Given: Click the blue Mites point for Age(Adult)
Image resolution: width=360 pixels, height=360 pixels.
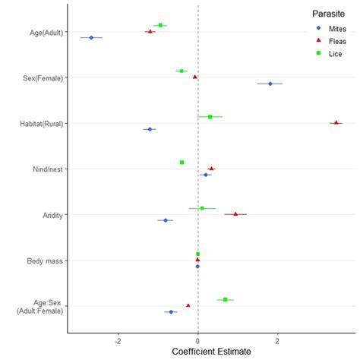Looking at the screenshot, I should pyautogui.click(x=91, y=37).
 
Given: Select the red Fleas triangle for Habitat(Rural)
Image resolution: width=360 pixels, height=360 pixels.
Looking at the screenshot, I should pyautogui.click(x=336, y=122).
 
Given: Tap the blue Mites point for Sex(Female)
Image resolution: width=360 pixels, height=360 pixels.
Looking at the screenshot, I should pyautogui.click(x=270, y=84).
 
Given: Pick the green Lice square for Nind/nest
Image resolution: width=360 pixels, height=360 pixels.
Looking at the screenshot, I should pyautogui.click(x=182, y=162).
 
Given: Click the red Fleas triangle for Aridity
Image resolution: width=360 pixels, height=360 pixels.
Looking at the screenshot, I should pyautogui.click(x=235, y=214).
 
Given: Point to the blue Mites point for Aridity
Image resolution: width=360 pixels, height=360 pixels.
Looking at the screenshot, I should pyautogui.click(x=166, y=220).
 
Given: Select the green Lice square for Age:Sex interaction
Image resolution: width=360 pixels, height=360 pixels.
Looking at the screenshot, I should pyautogui.click(x=225, y=299).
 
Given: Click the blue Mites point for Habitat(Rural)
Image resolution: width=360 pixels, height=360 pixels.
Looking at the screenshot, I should pyautogui.click(x=150, y=129).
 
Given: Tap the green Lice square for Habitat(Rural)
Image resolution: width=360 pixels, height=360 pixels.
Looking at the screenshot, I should pyautogui.click(x=210, y=116).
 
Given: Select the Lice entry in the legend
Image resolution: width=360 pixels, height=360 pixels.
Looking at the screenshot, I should pyautogui.click(x=327, y=55).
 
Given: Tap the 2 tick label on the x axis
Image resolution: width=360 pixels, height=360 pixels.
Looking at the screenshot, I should pyautogui.click(x=278, y=341).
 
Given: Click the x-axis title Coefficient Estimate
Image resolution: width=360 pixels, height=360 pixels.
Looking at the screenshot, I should pyautogui.click(x=211, y=352).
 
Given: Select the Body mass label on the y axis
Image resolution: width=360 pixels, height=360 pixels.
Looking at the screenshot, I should pyautogui.click(x=45, y=261).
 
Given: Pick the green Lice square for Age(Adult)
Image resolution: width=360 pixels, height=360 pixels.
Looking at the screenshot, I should pyautogui.click(x=160, y=25).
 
